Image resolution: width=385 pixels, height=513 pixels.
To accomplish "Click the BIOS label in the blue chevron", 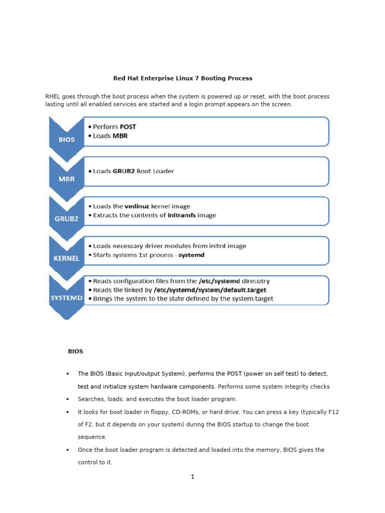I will [x=67, y=139].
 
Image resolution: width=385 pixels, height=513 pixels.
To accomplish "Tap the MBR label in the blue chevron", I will [x=67, y=179].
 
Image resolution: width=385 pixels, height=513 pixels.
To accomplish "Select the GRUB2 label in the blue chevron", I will [x=67, y=218].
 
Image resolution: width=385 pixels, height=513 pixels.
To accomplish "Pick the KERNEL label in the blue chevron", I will [x=67, y=258].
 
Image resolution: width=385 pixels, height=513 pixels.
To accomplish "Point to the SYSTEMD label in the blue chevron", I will [x=67, y=298].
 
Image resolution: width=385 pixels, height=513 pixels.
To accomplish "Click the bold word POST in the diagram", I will [x=127, y=127].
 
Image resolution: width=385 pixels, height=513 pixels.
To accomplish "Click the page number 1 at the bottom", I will [x=192, y=477].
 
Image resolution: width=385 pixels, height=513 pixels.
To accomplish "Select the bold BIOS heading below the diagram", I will [x=76, y=352].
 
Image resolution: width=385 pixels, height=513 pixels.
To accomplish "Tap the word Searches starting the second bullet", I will [x=91, y=399].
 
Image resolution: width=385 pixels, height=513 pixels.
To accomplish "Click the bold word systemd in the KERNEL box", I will [x=192, y=255].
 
